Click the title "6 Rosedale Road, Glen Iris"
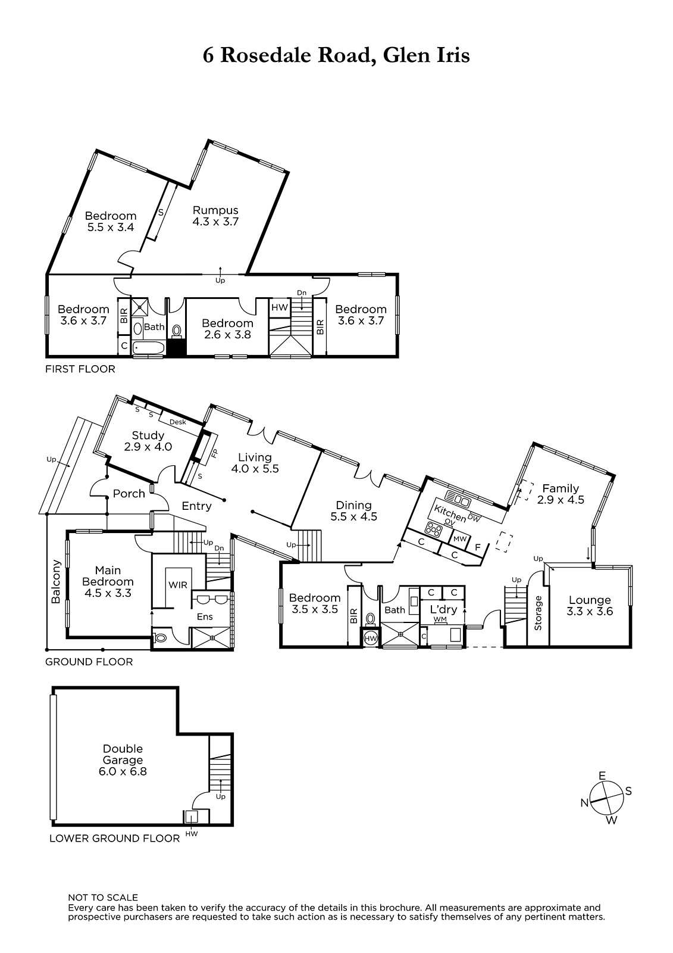point(336,56)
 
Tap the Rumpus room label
point(215,216)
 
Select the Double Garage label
point(123,760)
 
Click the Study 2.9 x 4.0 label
point(148,441)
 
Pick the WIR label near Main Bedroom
point(178,585)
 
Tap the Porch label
point(129,494)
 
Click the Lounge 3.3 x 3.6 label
point(590,606)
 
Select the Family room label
point(561,494)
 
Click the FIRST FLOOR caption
point(80,369)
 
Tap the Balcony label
point(56,581)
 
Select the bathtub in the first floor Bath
point(148,348)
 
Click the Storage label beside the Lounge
point(538,613)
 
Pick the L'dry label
point(443,609)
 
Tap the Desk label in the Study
point(178,422)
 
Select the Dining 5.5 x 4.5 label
point(353,511)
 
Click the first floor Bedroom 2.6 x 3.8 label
point(227,329)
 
